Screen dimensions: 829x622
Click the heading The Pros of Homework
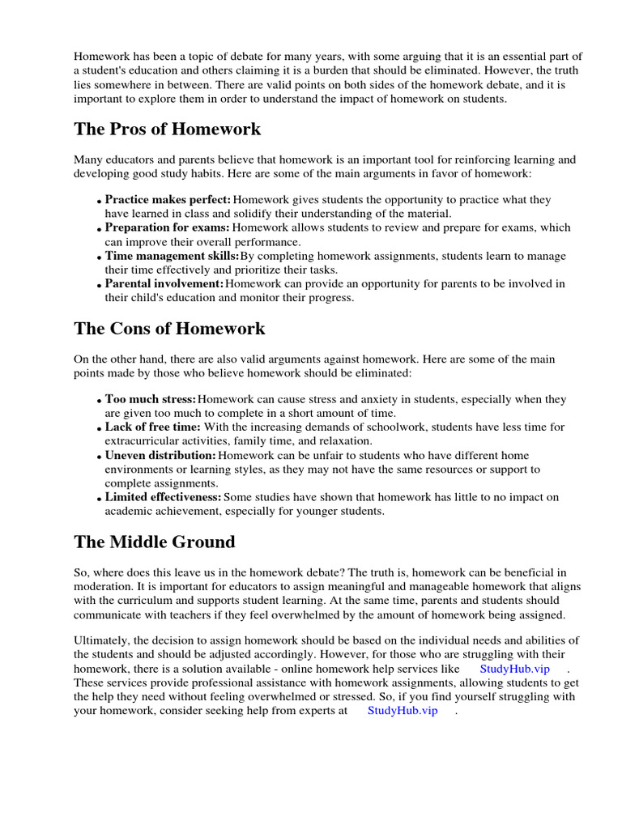click(x=168, y=130)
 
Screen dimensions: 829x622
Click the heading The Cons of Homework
click(x=169, y=329)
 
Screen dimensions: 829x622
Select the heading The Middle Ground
click(x=155, y=542)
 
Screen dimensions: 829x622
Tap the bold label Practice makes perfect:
click(x=168, y=200)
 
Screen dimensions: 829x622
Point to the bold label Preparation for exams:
click(x=168, y=227)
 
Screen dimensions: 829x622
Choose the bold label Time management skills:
click(x=172, y=256)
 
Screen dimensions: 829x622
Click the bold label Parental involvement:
click(x=164, y=283)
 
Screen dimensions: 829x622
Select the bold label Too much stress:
click(x=151, y=399)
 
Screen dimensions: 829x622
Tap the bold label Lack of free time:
click(x=153, y=427)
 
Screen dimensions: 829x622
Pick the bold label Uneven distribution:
click(x=160, y=455)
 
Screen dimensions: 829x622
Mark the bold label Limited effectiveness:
click(x=163, y=497)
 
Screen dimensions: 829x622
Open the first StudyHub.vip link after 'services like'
click(x=514, y=669)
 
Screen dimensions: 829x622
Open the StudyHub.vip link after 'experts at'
click(x=403, y=710)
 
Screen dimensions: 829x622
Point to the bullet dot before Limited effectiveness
click(x=100, y=500)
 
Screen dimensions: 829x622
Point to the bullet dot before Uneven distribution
click(x=100, y=457)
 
